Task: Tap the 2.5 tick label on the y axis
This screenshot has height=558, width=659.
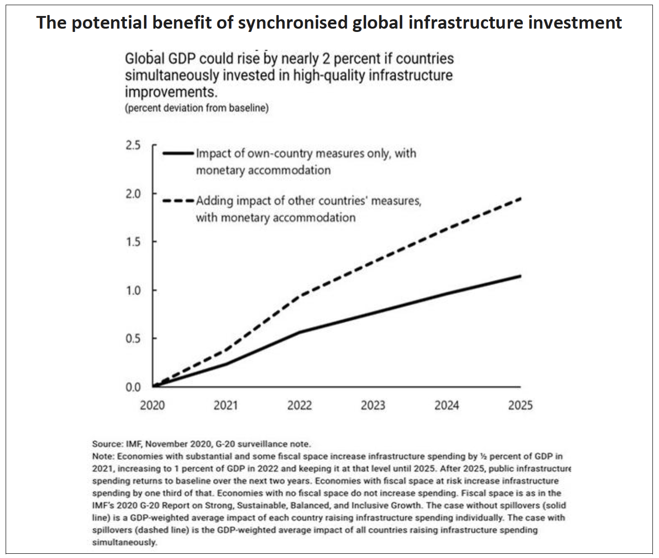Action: point(133,145)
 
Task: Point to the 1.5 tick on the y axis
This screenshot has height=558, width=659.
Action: point(133,242)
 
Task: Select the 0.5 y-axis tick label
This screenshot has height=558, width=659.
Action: point(133,339)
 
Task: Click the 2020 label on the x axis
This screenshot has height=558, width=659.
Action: point(152,405)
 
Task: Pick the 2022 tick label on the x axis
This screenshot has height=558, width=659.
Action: point(299,405)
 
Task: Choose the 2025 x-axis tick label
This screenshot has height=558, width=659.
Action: point(520,405)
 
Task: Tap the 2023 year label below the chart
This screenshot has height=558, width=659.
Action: point(373,405)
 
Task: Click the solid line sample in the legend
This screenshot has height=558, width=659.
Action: point(178,153)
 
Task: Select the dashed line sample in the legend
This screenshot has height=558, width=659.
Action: point(178,201)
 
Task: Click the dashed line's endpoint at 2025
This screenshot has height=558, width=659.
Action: point(520,199)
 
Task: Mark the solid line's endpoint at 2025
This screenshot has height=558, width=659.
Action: point(520,276)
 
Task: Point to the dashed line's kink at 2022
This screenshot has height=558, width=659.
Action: point(299,296)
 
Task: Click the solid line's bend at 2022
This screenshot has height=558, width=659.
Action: point(299,332)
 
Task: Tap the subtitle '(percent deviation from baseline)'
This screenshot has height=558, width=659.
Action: point(197,108)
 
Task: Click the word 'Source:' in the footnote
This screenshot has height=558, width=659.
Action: point(107,444)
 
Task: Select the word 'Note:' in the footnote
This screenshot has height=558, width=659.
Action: point(103,456)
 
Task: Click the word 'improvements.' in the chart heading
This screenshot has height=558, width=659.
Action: point(171,92)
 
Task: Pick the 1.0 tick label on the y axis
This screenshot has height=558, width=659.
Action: point(133,290)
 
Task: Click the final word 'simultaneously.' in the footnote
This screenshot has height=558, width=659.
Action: point(124,542)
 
